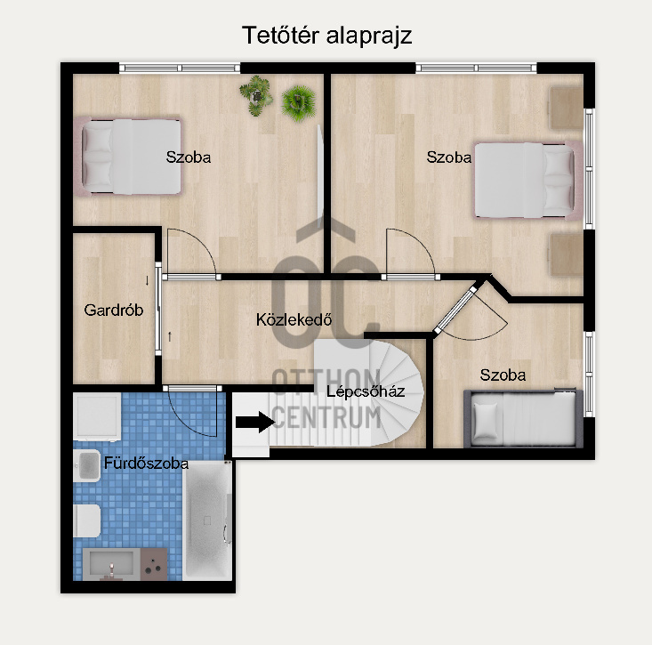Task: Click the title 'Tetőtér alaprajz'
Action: click(x=326, y=36)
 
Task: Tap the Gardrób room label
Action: click(x=114, y=310)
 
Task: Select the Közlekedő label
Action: click(x=294, y=319)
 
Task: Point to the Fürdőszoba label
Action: click(x=146, y=464)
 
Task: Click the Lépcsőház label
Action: click(x=366, y=391)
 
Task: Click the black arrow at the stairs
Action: click(x=255, y=422)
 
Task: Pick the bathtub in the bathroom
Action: click(x=207, y=520)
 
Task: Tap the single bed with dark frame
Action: click(x=523, y=418)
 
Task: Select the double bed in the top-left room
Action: click(x=128, y=157)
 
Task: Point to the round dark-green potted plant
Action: click(x=298, y=102)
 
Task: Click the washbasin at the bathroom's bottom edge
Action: click(x=111, y=564)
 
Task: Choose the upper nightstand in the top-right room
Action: click(x=567, y=108)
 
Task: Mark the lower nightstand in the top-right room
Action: click(x=567, y=254)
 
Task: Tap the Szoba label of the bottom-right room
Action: click(x=503, y=375)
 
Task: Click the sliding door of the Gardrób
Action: click(x=158, y=309)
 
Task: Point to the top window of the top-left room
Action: click(x=180, y=68)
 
